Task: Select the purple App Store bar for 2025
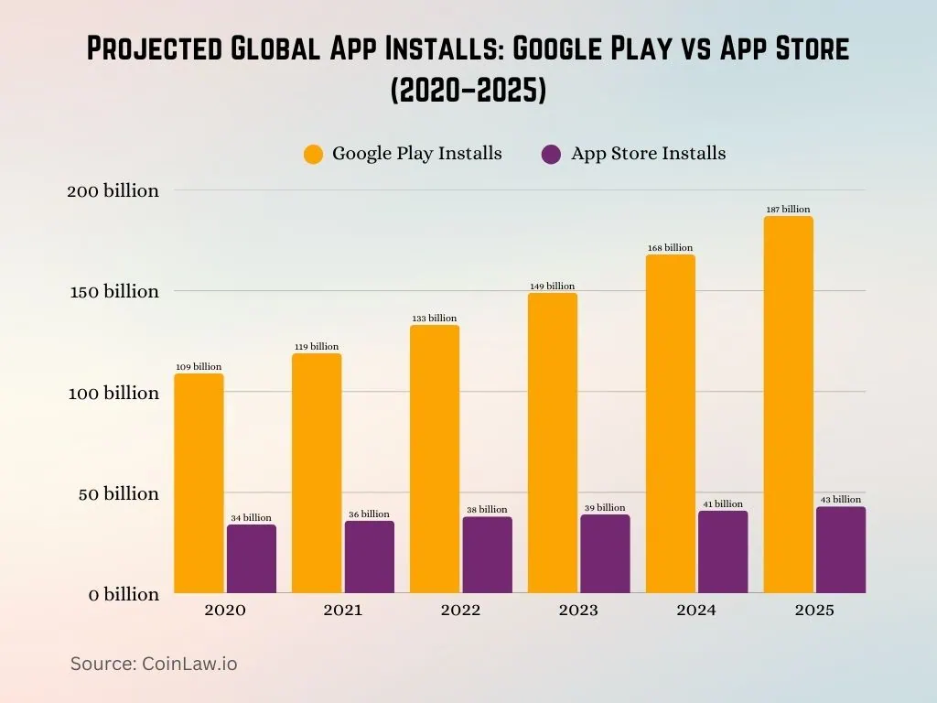pyautogui.click(x=840, y=550)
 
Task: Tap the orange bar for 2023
pyautogui.click(x=552, y=443)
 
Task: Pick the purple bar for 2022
pyautogui.click(x=487, y=555)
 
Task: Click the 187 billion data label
pyautogui.click(x=788, y=210)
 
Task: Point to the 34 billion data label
pyautogui.click(x=251, y=518)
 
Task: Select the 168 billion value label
pyautogui.click(x=670, y=248)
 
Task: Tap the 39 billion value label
pyautogui.click(x=604, y=508)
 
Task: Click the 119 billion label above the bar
pyautogui.click(x=316, y=347)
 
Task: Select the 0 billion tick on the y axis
pyautogui.click(x=124, y=595)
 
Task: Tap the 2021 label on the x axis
pyautogui.click(x=342, y=611)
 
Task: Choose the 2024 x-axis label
pyautogui.click(x=696, y=611)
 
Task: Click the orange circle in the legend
pyautogui.click(x=314, y=155)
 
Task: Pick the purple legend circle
pyautogui.click(x=551, y=155)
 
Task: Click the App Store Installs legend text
pyautogui.click(x=648, y=154)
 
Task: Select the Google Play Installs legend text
pyautogui.click(x=416, y=154)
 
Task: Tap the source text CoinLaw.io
pyautogui.click(x=154, y=664)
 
